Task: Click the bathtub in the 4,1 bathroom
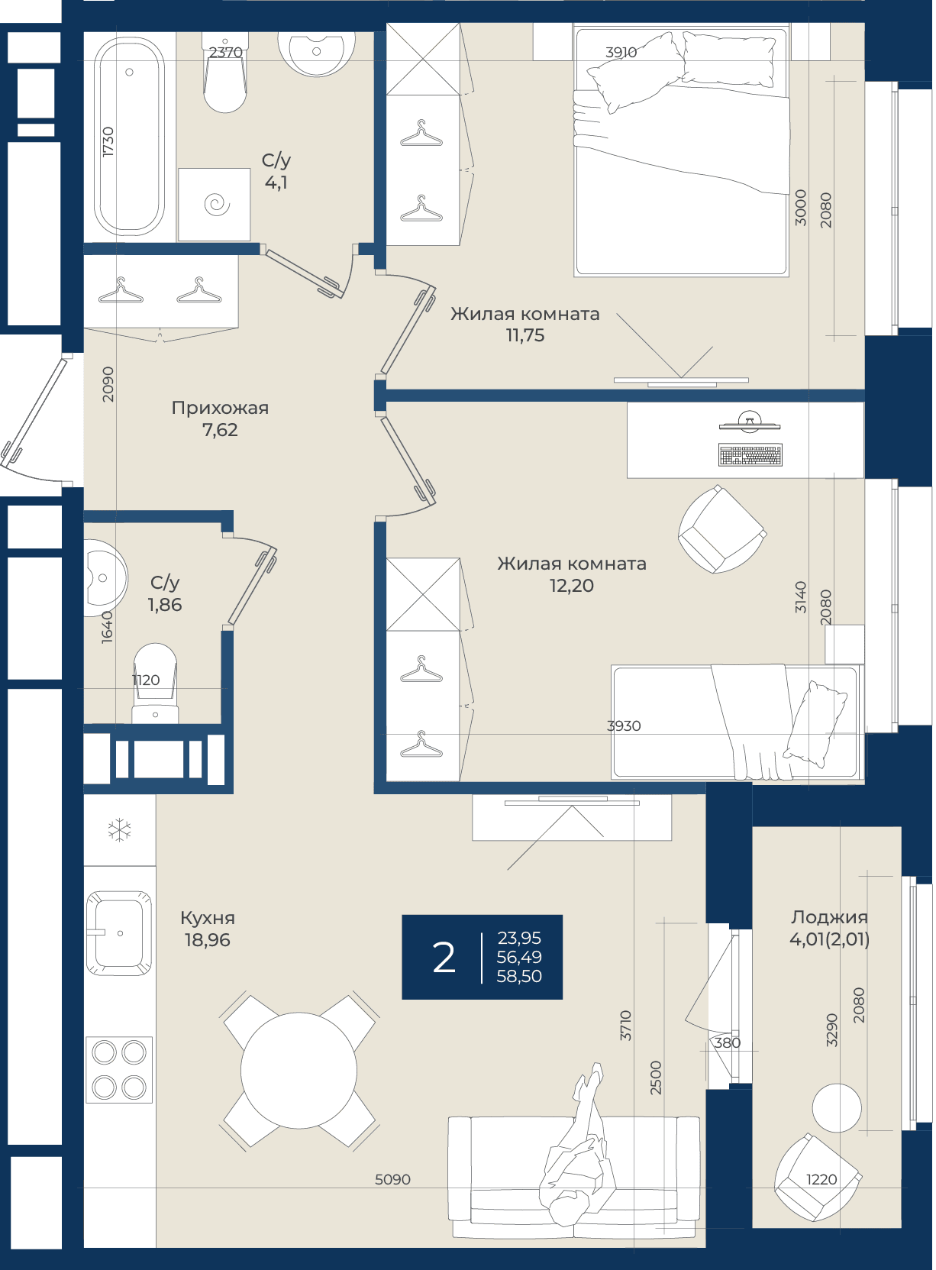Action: point(129,137)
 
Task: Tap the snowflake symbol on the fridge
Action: point(120,831)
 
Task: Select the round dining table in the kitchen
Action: point(299,1071)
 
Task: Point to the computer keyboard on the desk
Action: point(750,455)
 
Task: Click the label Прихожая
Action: point(220,408)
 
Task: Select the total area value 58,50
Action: point(518,976)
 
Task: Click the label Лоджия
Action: point(829,917)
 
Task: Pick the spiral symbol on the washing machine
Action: point(217,204)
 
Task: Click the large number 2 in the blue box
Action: point(444,958)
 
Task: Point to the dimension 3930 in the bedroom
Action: point(624,725)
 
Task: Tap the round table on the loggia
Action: point(837,1108)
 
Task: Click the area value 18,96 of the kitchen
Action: point(208,940)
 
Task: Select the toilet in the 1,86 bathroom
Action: point(155,683)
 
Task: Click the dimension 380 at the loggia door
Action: point(728,1042)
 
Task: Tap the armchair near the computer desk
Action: point(722,529)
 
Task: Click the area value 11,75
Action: point(525,335)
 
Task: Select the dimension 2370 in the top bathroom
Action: point(226,52)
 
